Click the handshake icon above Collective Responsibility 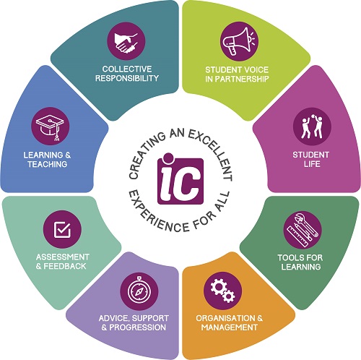126,41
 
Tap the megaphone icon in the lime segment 240,41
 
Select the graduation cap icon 51,127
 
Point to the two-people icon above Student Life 312,127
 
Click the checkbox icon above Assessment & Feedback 62,229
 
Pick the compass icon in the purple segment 139,291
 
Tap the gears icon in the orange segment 222,291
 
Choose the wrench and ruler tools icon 303,230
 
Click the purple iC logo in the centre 180,179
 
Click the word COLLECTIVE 127,69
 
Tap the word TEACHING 47,164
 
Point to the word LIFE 312,164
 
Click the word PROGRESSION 137,327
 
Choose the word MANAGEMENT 230,327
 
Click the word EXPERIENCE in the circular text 157,215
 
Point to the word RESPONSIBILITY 127,78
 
